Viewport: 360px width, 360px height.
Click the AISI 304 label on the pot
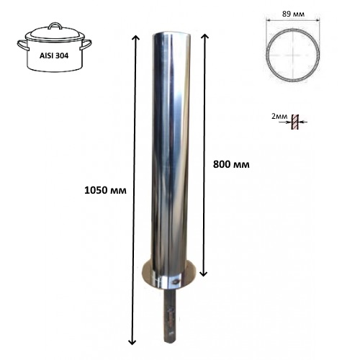tap(54, 55)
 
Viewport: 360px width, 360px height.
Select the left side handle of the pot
tap(22, 45)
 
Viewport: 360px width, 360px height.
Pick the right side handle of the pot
tap(86, 45)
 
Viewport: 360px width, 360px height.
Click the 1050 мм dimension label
tap(105, 190)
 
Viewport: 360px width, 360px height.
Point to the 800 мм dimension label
tap(231, 165)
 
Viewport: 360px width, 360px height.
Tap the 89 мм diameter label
tap(293, 14)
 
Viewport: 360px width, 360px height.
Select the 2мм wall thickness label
tap(279, 116)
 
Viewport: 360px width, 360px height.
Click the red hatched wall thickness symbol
tap(295, 122)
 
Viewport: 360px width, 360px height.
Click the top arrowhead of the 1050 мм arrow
tap(135, 37)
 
